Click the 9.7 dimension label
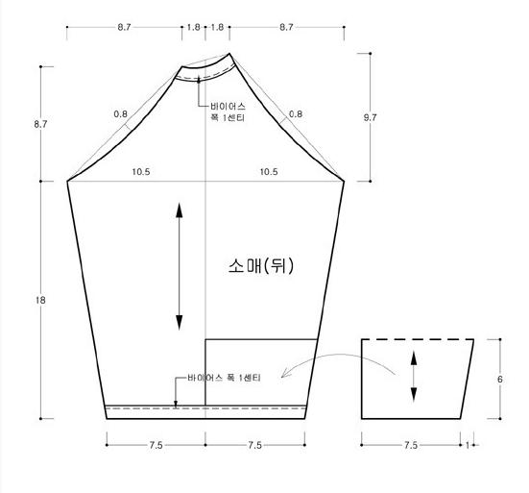[x=370, y=118]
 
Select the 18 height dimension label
[x=40, y=300]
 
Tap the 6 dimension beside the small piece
[x=500, y=380]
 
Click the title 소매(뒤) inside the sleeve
[x=261, y=266]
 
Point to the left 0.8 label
[x=120, y=114]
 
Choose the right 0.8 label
[x=296, y=114]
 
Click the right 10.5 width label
[x=269, y=172]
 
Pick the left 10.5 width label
[x=141, y=172]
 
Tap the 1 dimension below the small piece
[x=468, y=445]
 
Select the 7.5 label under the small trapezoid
[x=411, y=445]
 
